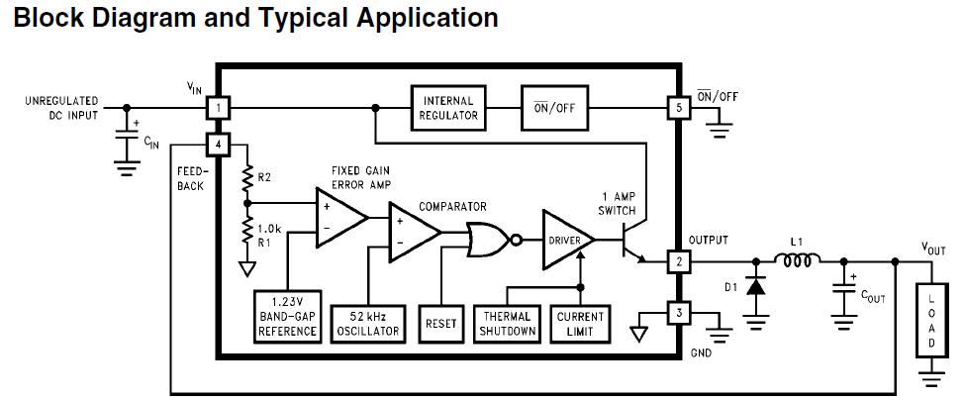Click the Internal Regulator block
[448, 108]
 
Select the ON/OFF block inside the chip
[554, 108]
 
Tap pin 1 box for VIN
[218, 109]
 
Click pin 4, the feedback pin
[218, 146]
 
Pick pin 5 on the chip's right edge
[679, 109]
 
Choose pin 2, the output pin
[679, 262]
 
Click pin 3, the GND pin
[679, 313]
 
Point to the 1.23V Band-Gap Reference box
[287, 317]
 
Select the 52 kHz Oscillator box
[367, 324]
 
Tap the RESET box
[440, 324]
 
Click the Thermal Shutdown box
[507, 324]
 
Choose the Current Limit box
[580, 324]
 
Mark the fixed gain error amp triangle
[340, 218]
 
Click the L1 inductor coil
[797, 260]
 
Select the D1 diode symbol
[755, 286]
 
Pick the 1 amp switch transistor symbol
[630, 241]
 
